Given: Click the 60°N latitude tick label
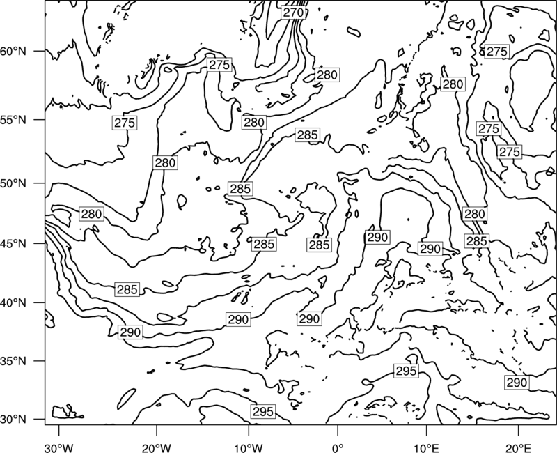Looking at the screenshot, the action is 13,52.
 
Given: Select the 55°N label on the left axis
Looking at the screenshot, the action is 13,120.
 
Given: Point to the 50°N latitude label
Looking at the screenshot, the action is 13,183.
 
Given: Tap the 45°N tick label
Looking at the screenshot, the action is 13,243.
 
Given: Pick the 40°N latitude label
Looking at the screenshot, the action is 13,303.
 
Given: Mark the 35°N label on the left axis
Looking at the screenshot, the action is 13,361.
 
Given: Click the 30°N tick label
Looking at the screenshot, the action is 13,420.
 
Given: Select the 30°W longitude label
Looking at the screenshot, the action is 58,447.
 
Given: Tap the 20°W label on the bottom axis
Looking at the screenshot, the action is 156,447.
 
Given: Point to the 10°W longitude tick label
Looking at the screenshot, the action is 249,447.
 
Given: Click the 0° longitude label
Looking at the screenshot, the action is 338,447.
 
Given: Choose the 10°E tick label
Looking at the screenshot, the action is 426,447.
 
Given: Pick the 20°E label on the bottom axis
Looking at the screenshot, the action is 518,447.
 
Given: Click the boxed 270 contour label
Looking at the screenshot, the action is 293,13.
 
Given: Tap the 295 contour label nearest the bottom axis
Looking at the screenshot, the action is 263,411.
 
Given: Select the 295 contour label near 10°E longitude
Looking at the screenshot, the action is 406,371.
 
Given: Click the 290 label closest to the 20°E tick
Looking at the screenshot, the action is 517,383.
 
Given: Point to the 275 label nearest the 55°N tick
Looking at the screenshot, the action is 125,123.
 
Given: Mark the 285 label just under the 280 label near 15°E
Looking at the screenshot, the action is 476,241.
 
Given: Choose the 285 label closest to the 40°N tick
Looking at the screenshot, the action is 127,289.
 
